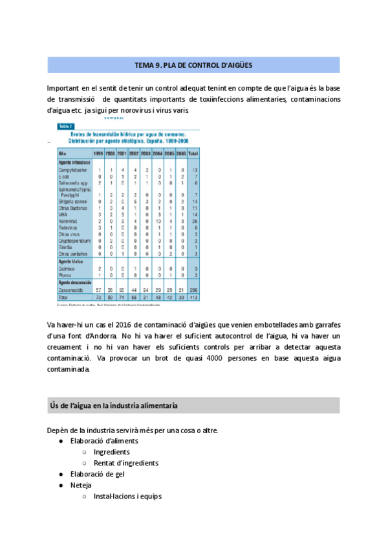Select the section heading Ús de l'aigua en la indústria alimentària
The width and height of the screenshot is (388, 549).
(114, 405)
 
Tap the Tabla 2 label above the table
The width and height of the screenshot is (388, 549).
(65, 126)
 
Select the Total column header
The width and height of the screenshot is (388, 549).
(193, 153)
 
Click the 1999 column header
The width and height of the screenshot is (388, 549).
(99, 153)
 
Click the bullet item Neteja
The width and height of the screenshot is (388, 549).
(81, 485)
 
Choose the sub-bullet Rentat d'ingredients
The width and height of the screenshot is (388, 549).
(125, 463)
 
